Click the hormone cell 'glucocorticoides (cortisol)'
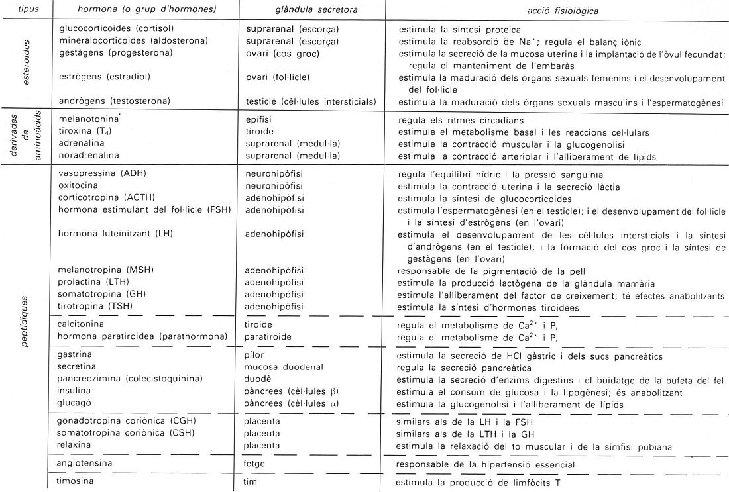tap(115, 30)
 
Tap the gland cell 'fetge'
tap(255, 464)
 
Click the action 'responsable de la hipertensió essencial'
tap(484, 464)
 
